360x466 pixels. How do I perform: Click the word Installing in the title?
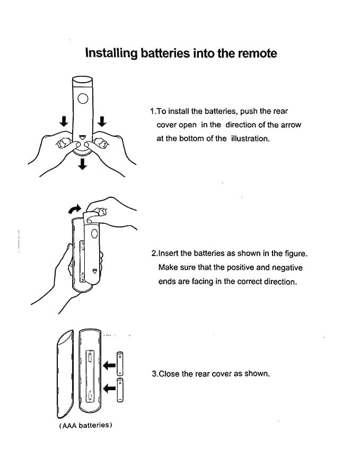[x=111, y=54]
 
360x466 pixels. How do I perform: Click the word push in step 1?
[x=249, y=111]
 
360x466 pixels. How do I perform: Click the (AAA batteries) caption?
[x=85, y=426]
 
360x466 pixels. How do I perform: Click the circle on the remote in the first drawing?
[x=82, y=98]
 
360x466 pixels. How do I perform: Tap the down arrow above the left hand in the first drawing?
[x=63, y=121]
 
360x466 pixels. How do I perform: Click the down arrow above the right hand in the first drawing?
[x=102, y=121]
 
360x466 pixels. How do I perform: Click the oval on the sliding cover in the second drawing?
[x=94, y=233]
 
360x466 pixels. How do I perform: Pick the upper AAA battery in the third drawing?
[x=120, y=363]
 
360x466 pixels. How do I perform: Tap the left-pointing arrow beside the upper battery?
[x=110, y=365]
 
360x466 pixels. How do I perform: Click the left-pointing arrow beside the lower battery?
[x=110, y=389]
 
